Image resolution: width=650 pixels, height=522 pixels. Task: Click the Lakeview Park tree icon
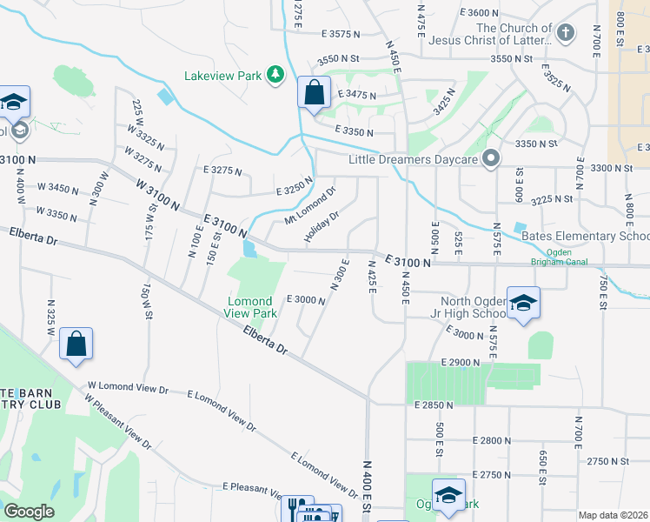(x=275, y=75)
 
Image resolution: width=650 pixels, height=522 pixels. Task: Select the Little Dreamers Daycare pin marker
(x=490, y=159)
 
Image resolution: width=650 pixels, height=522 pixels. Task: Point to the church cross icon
(x=565, y=34)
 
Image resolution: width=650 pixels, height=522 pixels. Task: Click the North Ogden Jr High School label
(x=465, y=307)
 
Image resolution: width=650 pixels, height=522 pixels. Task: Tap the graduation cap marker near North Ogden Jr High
(x=523, y=303)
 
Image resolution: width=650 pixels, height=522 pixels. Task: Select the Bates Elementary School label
(x=584, y=236)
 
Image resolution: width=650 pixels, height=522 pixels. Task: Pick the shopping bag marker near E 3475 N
(x=314, y=92)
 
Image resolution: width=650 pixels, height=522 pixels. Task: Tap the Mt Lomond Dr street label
(x=310, y=205)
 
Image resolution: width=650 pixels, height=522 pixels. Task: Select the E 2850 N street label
(x=434, y=405)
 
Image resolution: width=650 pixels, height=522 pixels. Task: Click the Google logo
(x=29, y=512)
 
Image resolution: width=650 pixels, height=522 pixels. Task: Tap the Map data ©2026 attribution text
(x=612, y=515)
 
